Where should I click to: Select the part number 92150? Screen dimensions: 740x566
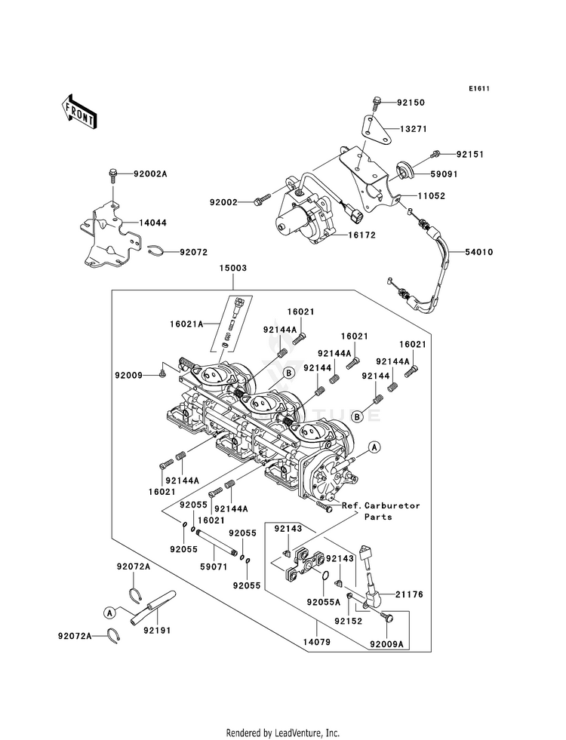(411, 101)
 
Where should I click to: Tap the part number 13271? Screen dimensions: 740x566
(411, 129)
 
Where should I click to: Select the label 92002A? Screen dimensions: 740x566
(150, 174)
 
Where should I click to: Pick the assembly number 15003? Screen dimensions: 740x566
(233, 268)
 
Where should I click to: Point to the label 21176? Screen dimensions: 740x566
(408, 594)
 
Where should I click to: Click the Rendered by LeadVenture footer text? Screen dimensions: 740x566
(283, 732)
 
